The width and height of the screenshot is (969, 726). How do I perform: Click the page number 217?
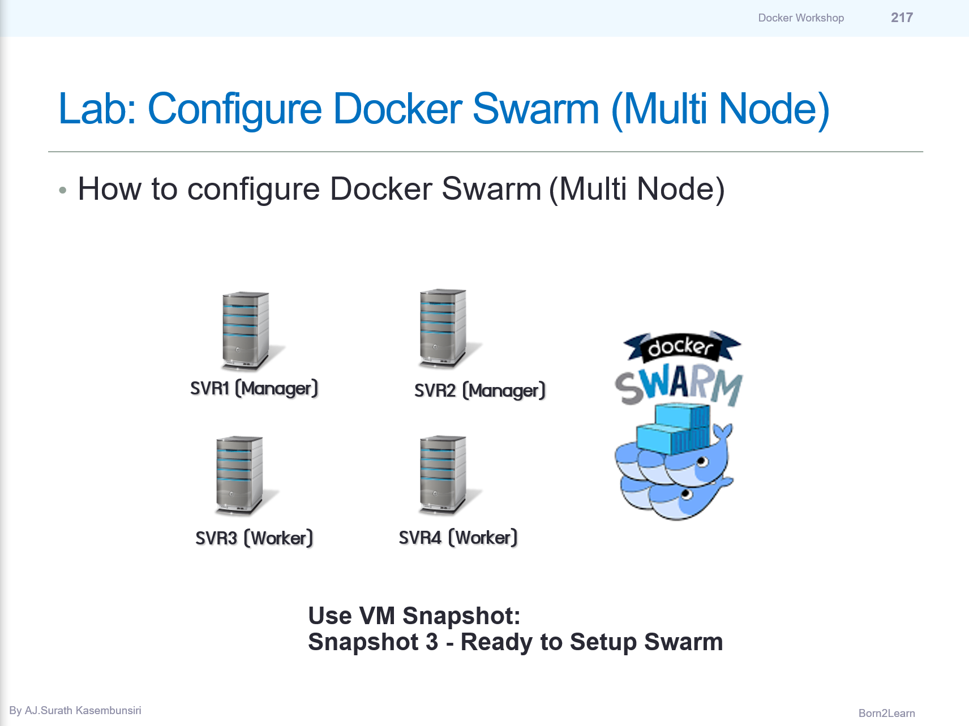point(901,18)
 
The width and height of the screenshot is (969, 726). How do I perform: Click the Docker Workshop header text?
point(800,18)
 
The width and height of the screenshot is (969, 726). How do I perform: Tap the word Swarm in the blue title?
point(535,109)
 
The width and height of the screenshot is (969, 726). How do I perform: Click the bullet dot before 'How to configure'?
point(63,191)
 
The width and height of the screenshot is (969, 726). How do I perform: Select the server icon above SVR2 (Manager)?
point(443,328)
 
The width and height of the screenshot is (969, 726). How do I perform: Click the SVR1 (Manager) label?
point(254,389)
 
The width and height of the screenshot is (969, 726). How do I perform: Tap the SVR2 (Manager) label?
point(479,391)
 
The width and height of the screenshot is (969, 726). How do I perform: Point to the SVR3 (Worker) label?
point(254,538)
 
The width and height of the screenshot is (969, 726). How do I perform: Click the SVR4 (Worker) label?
point(458,538)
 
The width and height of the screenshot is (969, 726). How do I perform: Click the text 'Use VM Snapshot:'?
point(414,616)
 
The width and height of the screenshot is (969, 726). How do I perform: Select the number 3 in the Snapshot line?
point(432,642)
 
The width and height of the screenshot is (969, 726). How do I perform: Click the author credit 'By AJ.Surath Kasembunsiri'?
point(75,711)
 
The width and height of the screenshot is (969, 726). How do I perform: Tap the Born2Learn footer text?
point(886,714)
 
